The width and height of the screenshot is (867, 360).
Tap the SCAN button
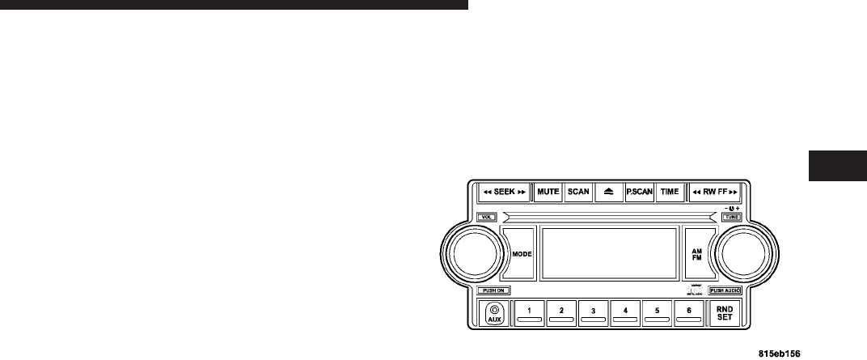pos(578,192)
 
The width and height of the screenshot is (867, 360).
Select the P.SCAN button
pos(639,192)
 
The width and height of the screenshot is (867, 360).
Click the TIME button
pos(669,192)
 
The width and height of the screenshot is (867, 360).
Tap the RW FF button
pos(716,192)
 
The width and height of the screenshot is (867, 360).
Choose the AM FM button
pos(696,253)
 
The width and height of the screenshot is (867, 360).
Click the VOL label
pos(486,217)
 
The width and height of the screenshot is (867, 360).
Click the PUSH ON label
pos(493,290)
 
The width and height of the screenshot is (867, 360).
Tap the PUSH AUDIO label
pos(725,290)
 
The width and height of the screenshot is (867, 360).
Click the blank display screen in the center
pos(608,253)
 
